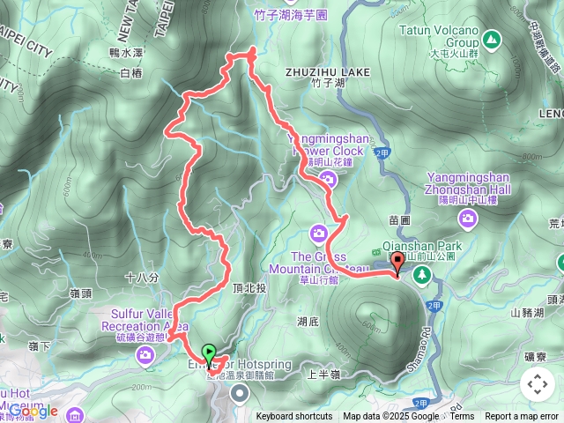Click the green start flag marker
click(208, 353)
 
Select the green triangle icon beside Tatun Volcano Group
click(491, 40)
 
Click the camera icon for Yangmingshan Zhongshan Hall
click(469, 217)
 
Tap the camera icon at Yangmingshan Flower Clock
click(329, 180)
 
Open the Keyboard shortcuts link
click(294, 417)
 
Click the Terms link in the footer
click(462, 417)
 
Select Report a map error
click(522, 417)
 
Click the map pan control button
click(537, 384)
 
